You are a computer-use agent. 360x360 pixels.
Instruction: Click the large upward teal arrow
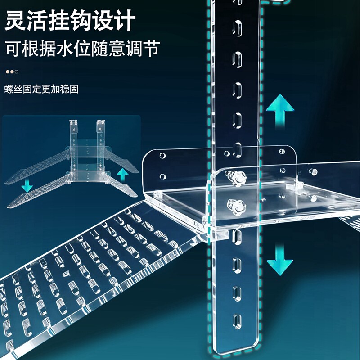point(279,109)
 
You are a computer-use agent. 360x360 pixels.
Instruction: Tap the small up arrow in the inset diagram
point(121,175)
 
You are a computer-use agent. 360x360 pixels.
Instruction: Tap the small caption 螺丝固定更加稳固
point(42,89)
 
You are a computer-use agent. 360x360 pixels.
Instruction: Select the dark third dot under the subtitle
point(17,72)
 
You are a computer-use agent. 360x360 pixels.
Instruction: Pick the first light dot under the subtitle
point(8,72)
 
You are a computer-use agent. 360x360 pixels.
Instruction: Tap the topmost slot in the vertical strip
point(234,28)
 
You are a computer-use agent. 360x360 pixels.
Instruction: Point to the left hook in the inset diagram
point(73,127)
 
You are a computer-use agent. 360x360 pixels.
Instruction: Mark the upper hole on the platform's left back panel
point(161,155)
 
